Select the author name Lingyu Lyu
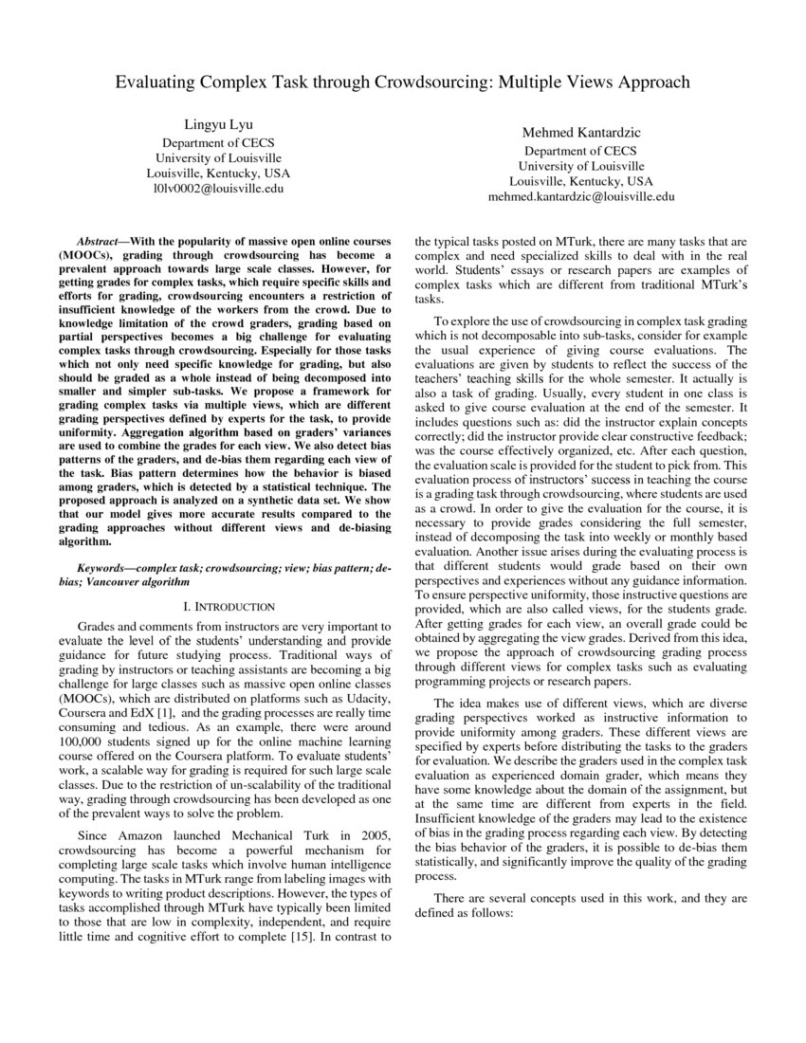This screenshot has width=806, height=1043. [x=217, y=125]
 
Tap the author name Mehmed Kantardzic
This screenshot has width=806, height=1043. [x=580, y=133]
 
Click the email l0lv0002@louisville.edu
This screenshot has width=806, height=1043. [x=217, y=189]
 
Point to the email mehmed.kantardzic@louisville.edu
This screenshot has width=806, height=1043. [x=580, y=196]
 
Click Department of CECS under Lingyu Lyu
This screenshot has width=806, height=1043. [x=217, y=142]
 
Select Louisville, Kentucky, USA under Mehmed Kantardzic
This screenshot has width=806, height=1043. [x=580, y=180]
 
